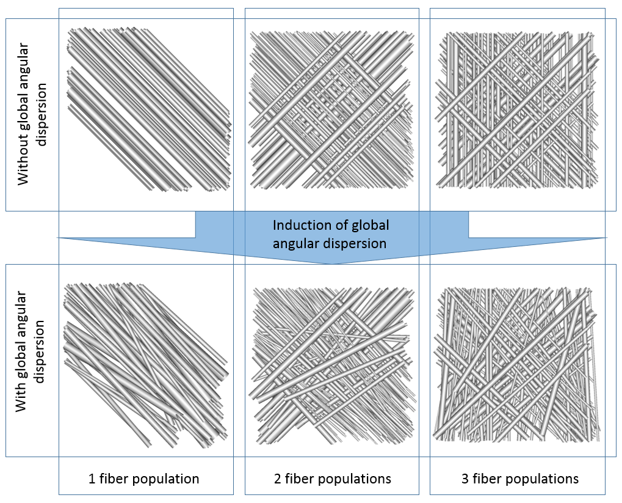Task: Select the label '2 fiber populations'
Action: [x=332, y=479]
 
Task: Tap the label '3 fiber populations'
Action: [x=519, y=479]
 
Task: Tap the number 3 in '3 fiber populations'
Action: [x=465, y=479]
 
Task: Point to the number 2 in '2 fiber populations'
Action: [x=278, y=479]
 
